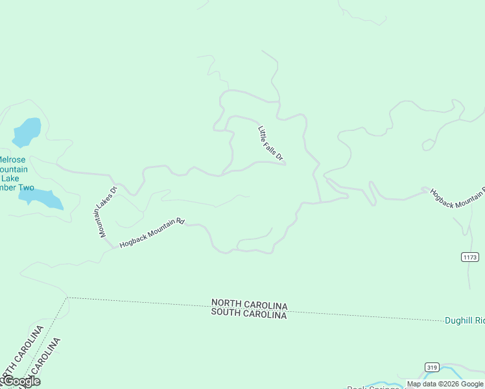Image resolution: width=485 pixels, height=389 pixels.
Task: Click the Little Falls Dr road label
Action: click(271, 143)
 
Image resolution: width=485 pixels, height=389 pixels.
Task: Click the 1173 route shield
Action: click(471, 257)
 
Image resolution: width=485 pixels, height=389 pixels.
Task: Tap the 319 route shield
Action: click(432, 367)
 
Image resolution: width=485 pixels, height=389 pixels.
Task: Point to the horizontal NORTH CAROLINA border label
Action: click(249, 305)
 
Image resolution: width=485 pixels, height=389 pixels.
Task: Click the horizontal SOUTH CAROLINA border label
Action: click(249, 314)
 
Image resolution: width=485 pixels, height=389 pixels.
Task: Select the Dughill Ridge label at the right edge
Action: click(465, 320)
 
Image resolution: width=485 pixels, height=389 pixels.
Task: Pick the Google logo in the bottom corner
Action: click(21, 381)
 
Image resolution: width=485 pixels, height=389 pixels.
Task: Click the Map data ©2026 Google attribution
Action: click(445, 384)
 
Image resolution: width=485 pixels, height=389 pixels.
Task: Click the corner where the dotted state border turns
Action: click(67, 298)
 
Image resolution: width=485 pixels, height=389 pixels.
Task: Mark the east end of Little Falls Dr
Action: click(286, 164)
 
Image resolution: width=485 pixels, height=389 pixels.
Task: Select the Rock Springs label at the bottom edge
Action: click(376, 387)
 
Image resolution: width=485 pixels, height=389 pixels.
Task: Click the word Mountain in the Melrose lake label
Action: click(14, 169)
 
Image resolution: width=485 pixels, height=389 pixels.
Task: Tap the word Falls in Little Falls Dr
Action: click(271, 143)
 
